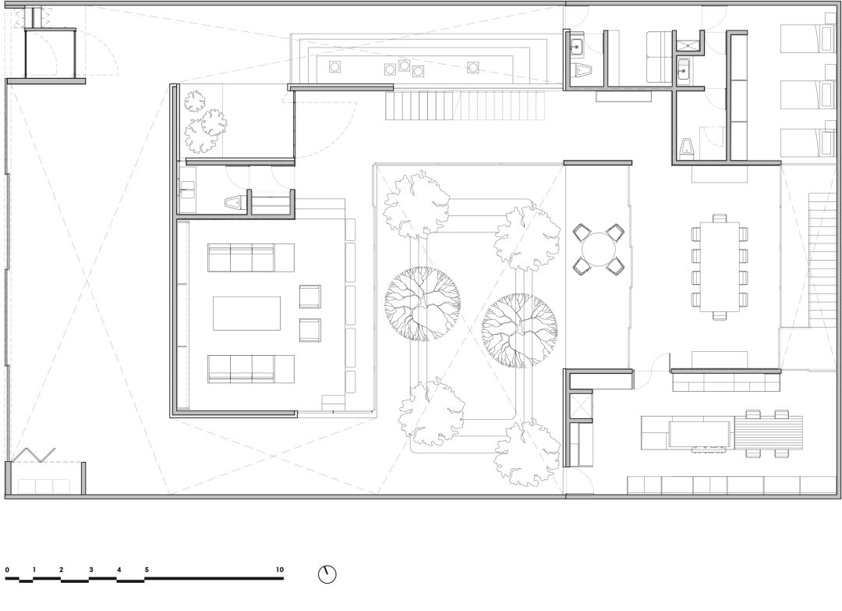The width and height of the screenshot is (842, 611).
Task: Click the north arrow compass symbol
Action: (327, 574)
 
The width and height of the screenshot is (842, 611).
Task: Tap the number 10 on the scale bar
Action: (279, 570)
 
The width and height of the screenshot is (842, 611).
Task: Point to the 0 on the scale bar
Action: (7, 570)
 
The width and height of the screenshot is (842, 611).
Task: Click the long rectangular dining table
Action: (720, 267)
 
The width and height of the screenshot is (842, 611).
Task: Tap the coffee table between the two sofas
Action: (247, 313)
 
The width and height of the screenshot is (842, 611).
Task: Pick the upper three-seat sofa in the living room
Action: (251, 258)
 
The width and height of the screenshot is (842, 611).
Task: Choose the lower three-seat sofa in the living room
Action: (251, 369)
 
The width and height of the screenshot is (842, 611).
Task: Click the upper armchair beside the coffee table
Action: (310, 297)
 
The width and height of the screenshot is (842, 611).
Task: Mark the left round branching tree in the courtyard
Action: (423, 304)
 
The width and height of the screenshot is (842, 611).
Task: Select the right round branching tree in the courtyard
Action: (519, 331)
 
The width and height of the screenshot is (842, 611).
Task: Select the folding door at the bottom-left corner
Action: (34, 455)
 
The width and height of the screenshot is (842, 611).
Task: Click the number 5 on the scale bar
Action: (147, 570)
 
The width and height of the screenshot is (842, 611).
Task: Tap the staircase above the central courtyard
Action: (465, 106)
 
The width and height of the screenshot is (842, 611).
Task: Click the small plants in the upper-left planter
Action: (204, 122)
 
